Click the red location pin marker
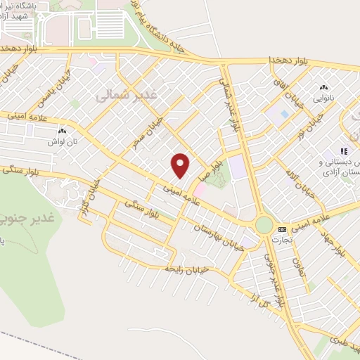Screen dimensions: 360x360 pyautogui.click(x=181, y=165)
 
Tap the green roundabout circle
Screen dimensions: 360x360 pyautogui.click(x=264, y=225)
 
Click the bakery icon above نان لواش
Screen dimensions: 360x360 pyautogui.click(x=62, y=131)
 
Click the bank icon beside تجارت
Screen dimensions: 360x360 pyautogui.click(x=282, y=229)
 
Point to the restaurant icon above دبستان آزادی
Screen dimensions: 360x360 pyautogui.click(x=344, y=150)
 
